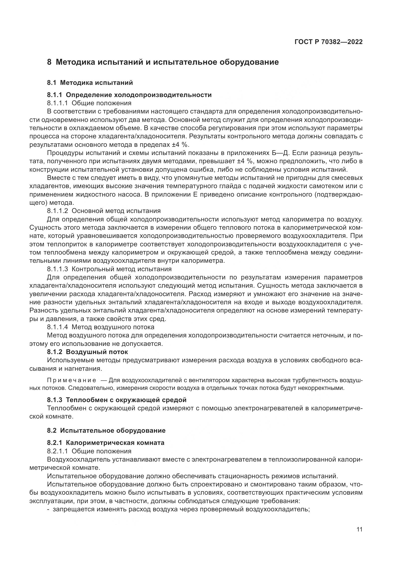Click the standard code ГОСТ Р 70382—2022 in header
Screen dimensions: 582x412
tap(329, 42)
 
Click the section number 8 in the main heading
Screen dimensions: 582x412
tap(49, 62)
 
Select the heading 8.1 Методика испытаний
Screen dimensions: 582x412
tap(90, 83)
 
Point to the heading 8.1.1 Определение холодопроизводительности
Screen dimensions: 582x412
tap(129, 95)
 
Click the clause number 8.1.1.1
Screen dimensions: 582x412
tap(57, 103)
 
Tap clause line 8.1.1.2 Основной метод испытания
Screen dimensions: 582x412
tap(104, 211)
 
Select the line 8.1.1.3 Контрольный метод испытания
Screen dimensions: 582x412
tap(109, 269)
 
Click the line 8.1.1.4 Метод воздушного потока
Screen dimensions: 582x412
tap(100, 327)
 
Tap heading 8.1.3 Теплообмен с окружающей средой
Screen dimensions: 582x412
tap(117, 400)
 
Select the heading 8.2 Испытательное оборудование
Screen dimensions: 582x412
tap(106, 430)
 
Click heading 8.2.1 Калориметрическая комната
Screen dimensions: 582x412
tap(106, 443)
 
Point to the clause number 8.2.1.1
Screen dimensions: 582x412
tap(57, 451)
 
